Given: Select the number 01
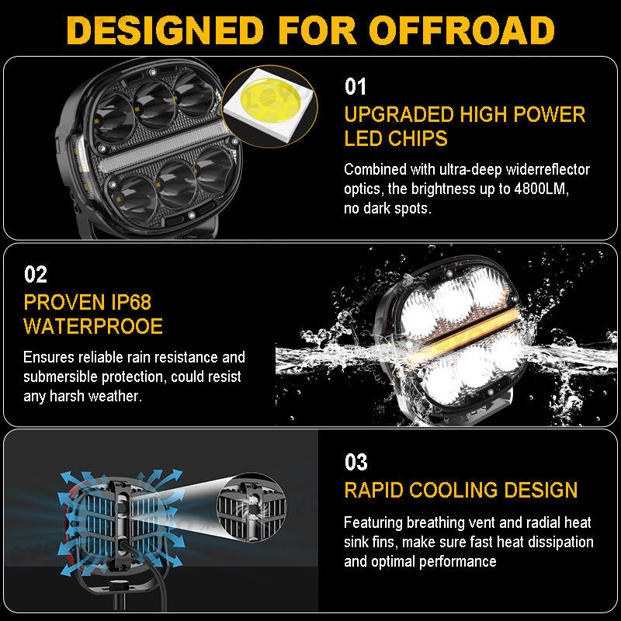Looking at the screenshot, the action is [x=355, y=86].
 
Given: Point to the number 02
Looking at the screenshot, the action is [x=36, y=274].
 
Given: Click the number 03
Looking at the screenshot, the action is [x=356, y=463].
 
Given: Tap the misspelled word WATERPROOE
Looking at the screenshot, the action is [x=94, y=326].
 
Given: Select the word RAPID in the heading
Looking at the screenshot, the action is [x=373, y=491].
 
